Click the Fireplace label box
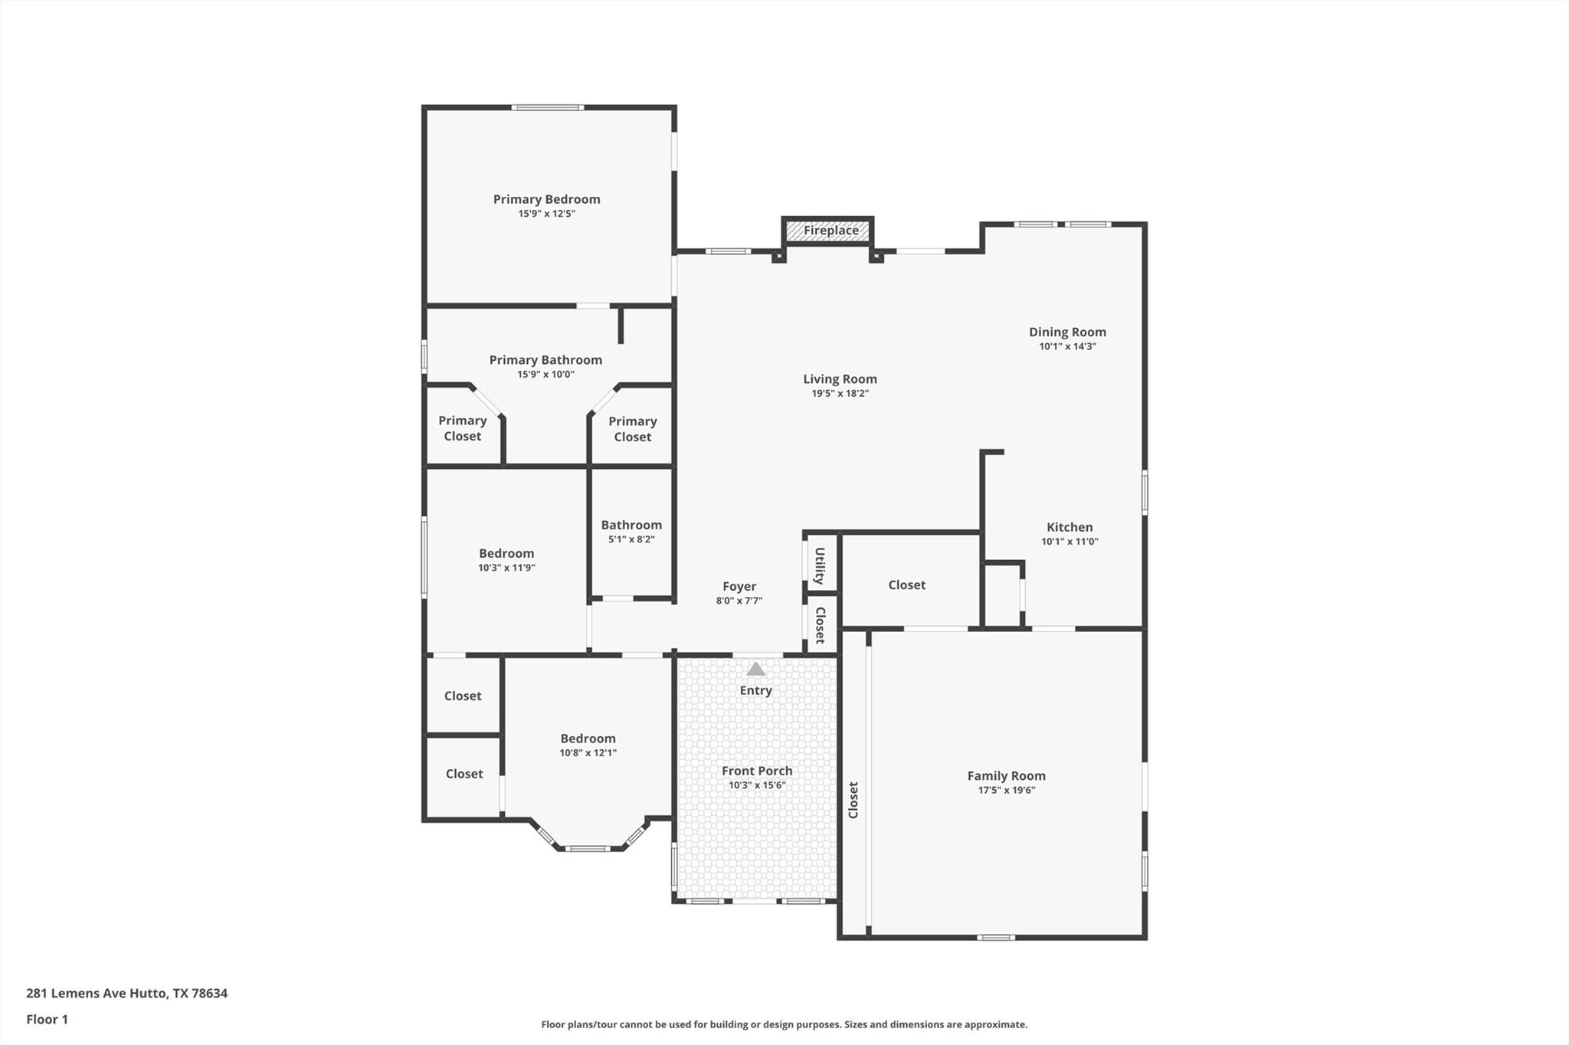pos(830,231)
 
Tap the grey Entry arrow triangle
pos(755,670)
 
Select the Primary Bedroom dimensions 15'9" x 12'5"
pos(546,214)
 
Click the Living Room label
pos(840,378)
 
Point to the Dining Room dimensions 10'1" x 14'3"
pos(1067,346)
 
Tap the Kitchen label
pos(1069,527)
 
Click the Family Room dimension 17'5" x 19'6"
pos(1006,790)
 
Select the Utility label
pos(820,565)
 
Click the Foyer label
pos(739,586)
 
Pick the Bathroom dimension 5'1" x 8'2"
pos(631,539)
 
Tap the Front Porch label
pos(757,771)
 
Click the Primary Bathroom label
pos(545,360)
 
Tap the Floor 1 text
pos(47,1019)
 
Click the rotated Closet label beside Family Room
pos(853,800)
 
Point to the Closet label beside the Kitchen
pos(907,585)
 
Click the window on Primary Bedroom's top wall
pos(548,107)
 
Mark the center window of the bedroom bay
pos(588,848)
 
